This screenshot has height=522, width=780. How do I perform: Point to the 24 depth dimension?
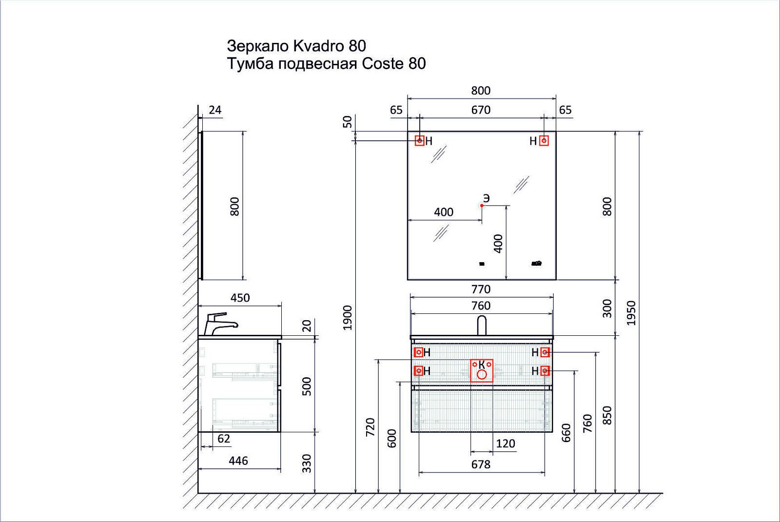pyautogui.click(x=215, y=110)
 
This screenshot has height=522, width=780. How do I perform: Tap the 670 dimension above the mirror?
pyautogui.click(x=481, y=110)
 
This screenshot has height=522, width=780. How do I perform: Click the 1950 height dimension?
pyautogui.click(x=631, y=313)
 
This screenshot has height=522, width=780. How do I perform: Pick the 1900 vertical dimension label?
pyautogui.click(x=348, y=317)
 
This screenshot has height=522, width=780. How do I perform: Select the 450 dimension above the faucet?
pyautogui.click(x=240, y=298)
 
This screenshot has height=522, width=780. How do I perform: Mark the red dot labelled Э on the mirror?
pyautogui.click(x=482, y=206)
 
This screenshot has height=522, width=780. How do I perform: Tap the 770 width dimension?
pyautogui.click(x=481, y=290)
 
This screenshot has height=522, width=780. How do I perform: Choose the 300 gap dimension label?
pyautogui.click(x=607, y=309)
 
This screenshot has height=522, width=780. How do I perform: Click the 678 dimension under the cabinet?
pyautogui.click(x=481, y=464)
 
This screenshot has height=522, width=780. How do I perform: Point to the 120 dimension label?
pyautogui.click(x=506, y=444)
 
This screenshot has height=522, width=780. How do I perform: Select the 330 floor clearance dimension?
pyautogui.click(x=307, y=463)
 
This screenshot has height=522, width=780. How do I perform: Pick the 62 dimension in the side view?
pyautogui.click(x=224, y=439)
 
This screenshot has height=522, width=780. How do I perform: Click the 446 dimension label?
pyautogui.click(x=238, y=461)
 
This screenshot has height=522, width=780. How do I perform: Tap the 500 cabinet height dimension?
pyautogui.click(x=307, y=386)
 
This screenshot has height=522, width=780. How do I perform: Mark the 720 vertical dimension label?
pyautogui.click(x=370, y=427)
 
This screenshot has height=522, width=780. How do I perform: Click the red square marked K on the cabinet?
pyautogui.click(x=482, y=370)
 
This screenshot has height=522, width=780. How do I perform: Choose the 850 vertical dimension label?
pyautogui.click(x=607, y=415)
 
